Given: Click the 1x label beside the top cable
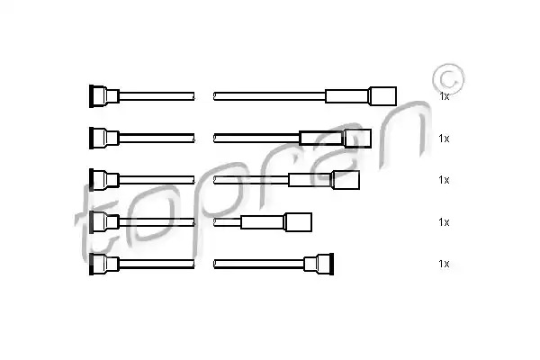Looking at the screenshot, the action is (x=445, y=96).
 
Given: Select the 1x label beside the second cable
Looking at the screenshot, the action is (x=444, y=139).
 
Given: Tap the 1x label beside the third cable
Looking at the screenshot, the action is (x=444, y=180).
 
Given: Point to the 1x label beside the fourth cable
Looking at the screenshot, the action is (x=444, y=222).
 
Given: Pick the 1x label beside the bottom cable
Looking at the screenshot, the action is (x=444, y=264).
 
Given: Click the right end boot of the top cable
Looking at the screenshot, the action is (x=382, y=96).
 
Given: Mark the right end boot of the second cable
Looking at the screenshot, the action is (x=358, y=138).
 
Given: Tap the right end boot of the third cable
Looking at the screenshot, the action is (x=346, y=180).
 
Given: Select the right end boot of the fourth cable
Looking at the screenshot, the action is (x=298, y=222).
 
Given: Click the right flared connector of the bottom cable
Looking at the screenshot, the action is (x=319, y=265).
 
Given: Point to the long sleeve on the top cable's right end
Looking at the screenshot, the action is (x=347, y=96).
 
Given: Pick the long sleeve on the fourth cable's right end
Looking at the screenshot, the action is (x=263, y=222).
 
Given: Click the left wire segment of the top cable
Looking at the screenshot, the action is (x=157, y=96).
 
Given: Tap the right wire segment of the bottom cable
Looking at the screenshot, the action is (x=258, y=265).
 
